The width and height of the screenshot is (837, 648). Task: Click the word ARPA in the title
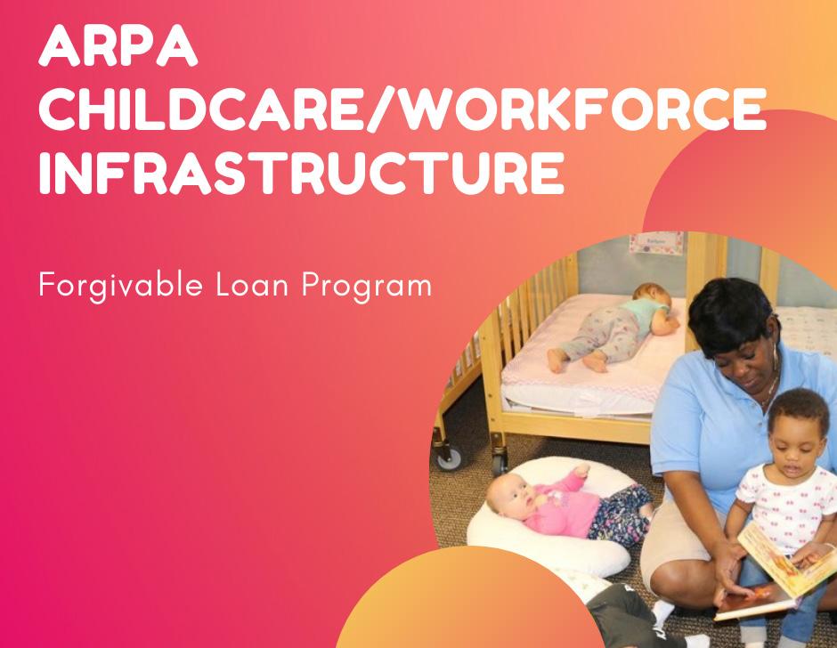click(x=118, y=45)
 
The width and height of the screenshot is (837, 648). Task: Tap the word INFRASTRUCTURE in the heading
click(x=302, y=172)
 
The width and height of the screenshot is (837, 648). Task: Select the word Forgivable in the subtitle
click(x=120, y=286)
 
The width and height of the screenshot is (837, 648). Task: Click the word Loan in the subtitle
click(x=253, y=285)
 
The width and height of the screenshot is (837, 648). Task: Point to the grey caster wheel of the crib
click(x=449, y=458)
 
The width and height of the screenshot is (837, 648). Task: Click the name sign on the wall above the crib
click(x=656, y=242)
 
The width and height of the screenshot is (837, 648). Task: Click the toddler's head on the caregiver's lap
click(x=799, y=429)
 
